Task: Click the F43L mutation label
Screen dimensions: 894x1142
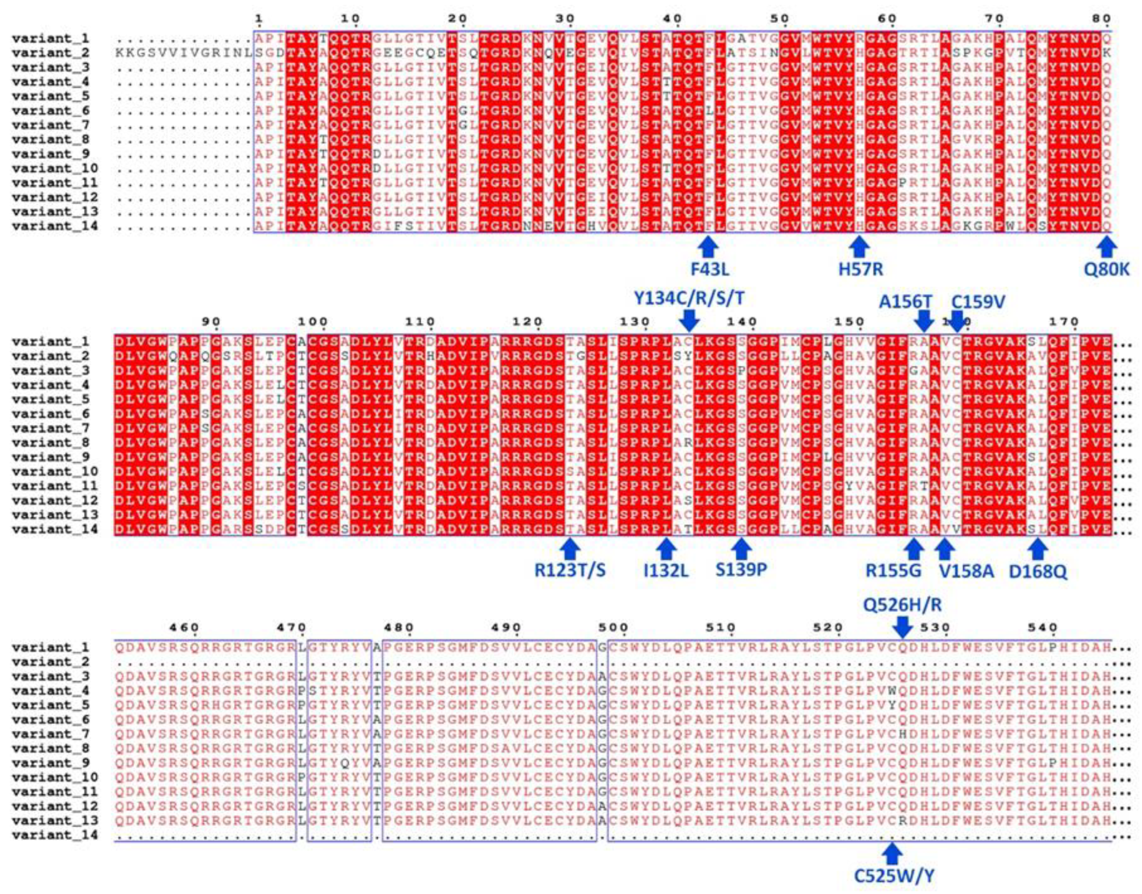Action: coord(710,269)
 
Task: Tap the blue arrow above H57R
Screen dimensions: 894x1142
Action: coord(859,247)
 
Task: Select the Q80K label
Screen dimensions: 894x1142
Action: coord(1106,269)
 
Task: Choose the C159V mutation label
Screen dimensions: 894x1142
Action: coord(978,302)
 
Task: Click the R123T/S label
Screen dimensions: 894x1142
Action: coord(570,570)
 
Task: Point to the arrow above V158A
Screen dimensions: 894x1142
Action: coord(945,549)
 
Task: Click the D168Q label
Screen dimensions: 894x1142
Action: coord(1038,571)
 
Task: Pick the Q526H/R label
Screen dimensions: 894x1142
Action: coord(903,605)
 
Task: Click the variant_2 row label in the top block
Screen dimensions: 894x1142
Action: coord(50,53)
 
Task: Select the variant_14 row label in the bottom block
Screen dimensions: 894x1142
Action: coord(55,835)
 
